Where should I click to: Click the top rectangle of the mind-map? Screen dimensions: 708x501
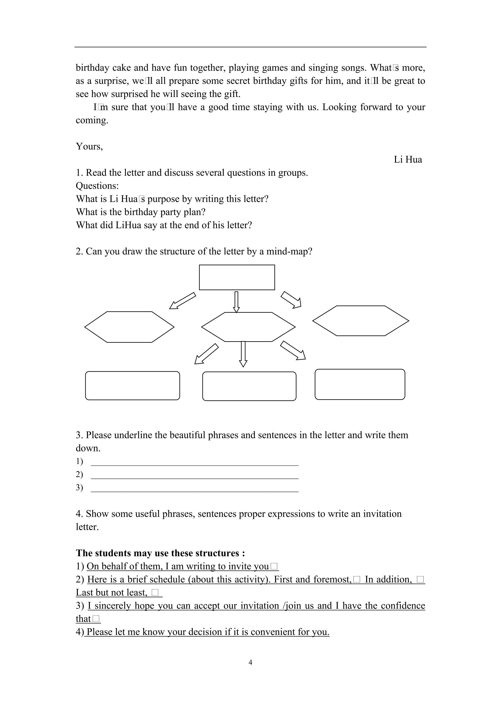tap(237, 277)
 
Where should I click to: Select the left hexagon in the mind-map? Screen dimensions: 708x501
tap(129, 327)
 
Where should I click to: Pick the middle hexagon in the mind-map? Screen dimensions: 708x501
tap(248, 327)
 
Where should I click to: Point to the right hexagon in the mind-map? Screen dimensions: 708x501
tap(361, 321)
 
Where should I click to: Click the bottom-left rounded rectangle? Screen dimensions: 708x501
tap(132, 385)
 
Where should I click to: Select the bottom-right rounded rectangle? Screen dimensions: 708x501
tap(360, 384)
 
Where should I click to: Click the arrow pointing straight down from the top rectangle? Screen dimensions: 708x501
tap(236, 302)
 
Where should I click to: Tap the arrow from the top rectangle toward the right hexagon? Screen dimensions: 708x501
tap(291, 299)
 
